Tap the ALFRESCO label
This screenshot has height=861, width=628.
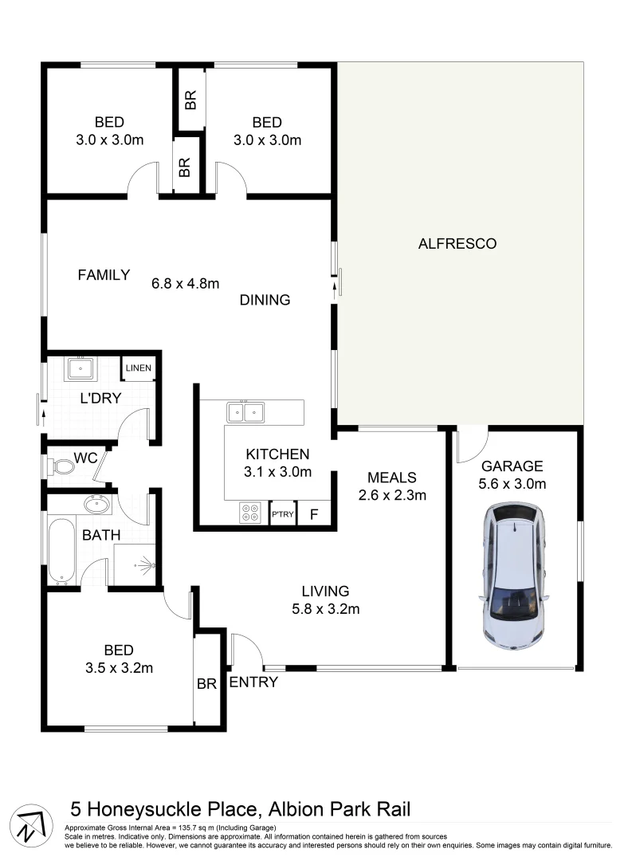(x=457, y=244)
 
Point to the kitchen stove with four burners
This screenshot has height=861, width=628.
(x=249, y=513)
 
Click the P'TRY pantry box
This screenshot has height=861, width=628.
(x=283, y=514)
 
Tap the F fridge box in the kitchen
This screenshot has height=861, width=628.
(x=314, y=514)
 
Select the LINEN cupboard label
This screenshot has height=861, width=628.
(x=137, y=368)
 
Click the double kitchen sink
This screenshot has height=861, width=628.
(x=245, y=412)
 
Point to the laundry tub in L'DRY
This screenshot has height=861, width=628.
(x=80, y=369)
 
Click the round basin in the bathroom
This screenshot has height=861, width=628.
(x=96, y=505)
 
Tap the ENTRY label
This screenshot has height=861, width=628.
(x=253, y=682)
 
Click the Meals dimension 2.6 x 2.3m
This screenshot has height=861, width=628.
(x=391, y=495)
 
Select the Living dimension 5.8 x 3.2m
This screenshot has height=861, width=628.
(x=325, y=610)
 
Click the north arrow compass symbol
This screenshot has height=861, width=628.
(x=30, y=821)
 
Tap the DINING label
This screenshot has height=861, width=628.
(x=265, y=301)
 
